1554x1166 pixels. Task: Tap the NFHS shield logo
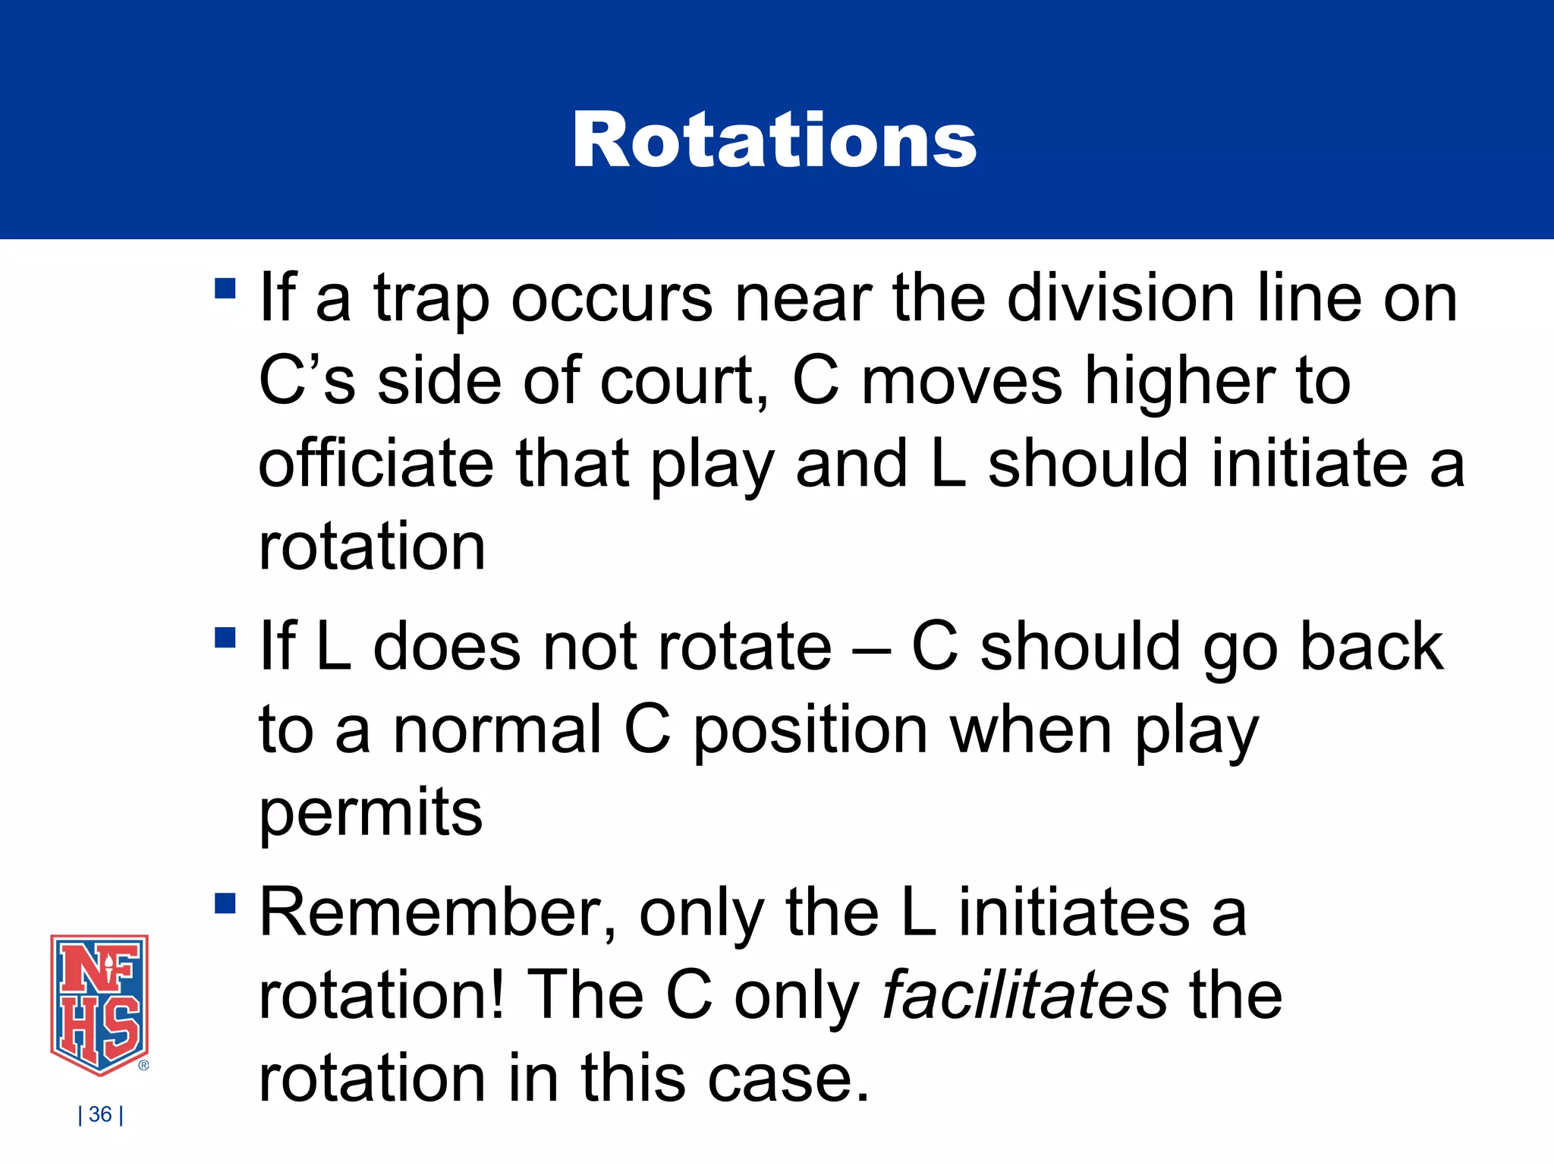(99, 1004)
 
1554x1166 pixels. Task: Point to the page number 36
(100, 1114)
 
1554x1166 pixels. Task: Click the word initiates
(1074, 912)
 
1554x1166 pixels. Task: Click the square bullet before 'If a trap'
(225, 288)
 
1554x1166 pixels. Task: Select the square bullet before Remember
(225, 903)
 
